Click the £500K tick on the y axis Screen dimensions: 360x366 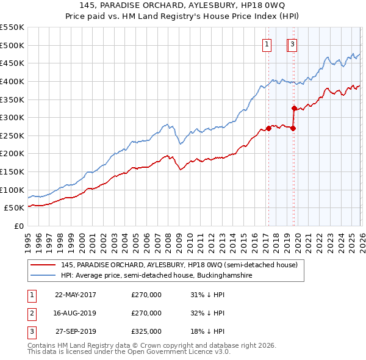point(12,45)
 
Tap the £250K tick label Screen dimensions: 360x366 point(12,135)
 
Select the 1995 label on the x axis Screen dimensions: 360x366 point(28,238)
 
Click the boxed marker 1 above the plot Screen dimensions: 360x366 point(267,44)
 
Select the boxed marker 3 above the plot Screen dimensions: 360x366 point(293,44)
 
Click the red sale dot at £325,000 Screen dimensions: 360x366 point(294,109)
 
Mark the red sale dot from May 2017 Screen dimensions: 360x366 point(268,129)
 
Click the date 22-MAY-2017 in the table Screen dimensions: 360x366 point(76,294)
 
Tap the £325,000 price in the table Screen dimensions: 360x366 point(146,332)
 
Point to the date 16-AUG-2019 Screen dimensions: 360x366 point(76,313)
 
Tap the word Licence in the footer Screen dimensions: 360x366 point(190,352)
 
